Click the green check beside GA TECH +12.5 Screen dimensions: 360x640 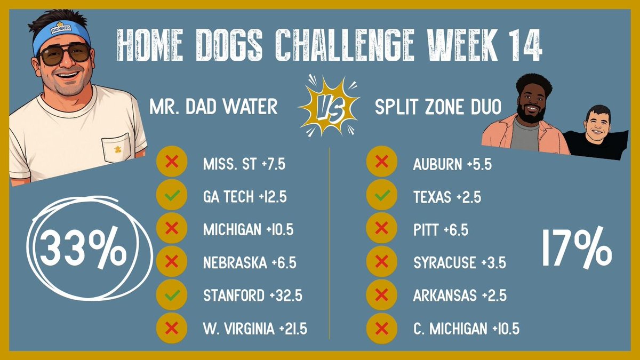171,197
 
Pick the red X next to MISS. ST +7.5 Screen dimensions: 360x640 171,164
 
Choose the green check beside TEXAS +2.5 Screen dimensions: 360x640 381,197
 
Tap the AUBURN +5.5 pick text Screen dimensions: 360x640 452,164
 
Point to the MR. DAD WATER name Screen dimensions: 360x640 213,107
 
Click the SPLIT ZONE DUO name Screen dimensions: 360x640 438,107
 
